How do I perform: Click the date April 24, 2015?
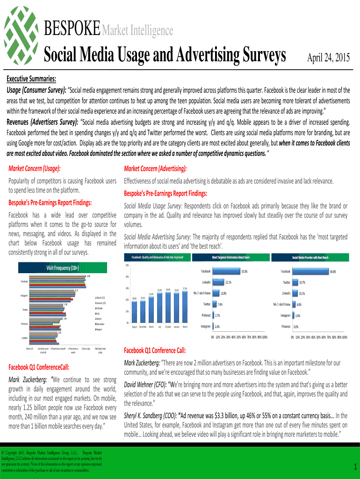point(328,58)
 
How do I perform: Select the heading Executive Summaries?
point(31,79)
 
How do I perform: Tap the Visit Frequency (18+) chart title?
point(62,268)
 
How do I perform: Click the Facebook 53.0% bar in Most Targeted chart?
point(226,271)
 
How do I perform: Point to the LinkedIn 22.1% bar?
point(218,282)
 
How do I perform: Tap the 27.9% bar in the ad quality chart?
point(185,307)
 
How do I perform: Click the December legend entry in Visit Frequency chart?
point(102,324)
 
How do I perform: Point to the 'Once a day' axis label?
point(86,349)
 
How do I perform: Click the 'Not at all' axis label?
point(30,349)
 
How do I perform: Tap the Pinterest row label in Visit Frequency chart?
point(24,324)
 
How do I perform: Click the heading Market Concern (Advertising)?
point(155,168)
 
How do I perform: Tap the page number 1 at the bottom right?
point(355,466)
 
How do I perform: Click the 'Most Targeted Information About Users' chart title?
point(231,258)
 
